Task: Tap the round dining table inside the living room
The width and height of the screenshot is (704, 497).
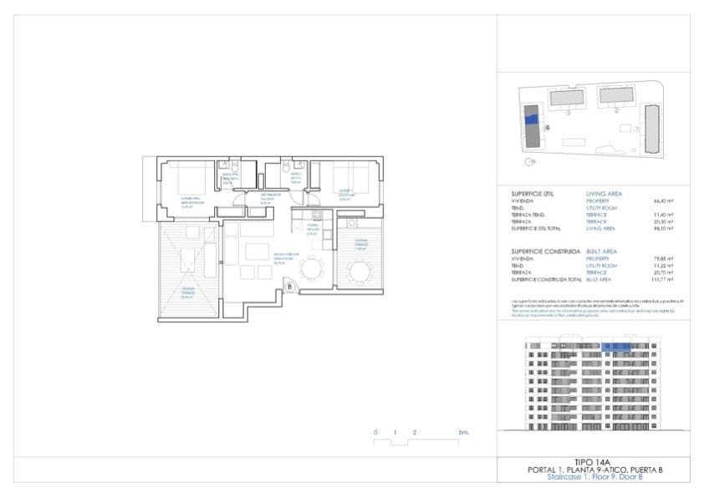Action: pyautogui.click(x=312, y=268)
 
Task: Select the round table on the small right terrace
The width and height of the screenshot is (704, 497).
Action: pyautogui.click(x=360, y=271)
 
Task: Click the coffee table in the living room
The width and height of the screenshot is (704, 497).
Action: pyautogui.click(x=257, y=253)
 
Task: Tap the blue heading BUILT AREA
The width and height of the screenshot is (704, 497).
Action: pyautogui.click(x=602, y=251)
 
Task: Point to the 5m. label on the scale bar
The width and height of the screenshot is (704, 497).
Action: pyautogui.click(x=463, y=433)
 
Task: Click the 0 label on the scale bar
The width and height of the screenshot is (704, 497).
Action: pyautogui.click(x=375, y=433)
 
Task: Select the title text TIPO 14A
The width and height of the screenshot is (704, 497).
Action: pyautogui.click(x=594, y=462)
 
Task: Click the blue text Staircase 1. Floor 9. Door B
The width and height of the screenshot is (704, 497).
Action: pyautogui.click(x=594, y=477)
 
